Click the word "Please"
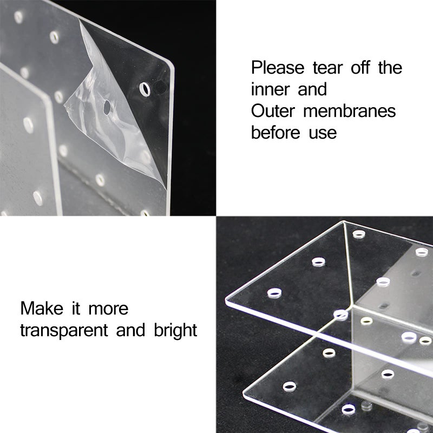point(278,68)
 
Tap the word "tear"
point(327,68)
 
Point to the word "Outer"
point(273,111)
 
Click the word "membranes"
point(349,111)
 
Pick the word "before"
point(275,133)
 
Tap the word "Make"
point(42,308)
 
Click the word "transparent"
point(64,331)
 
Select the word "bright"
point(175,331)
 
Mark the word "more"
point(108,310)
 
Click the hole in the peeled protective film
point(107,107)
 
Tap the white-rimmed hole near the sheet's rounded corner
point(145,89)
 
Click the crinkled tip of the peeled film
point(66,106)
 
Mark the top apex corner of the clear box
point(344,221)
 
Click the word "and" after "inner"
point(312,89)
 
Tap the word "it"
point(76,308)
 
